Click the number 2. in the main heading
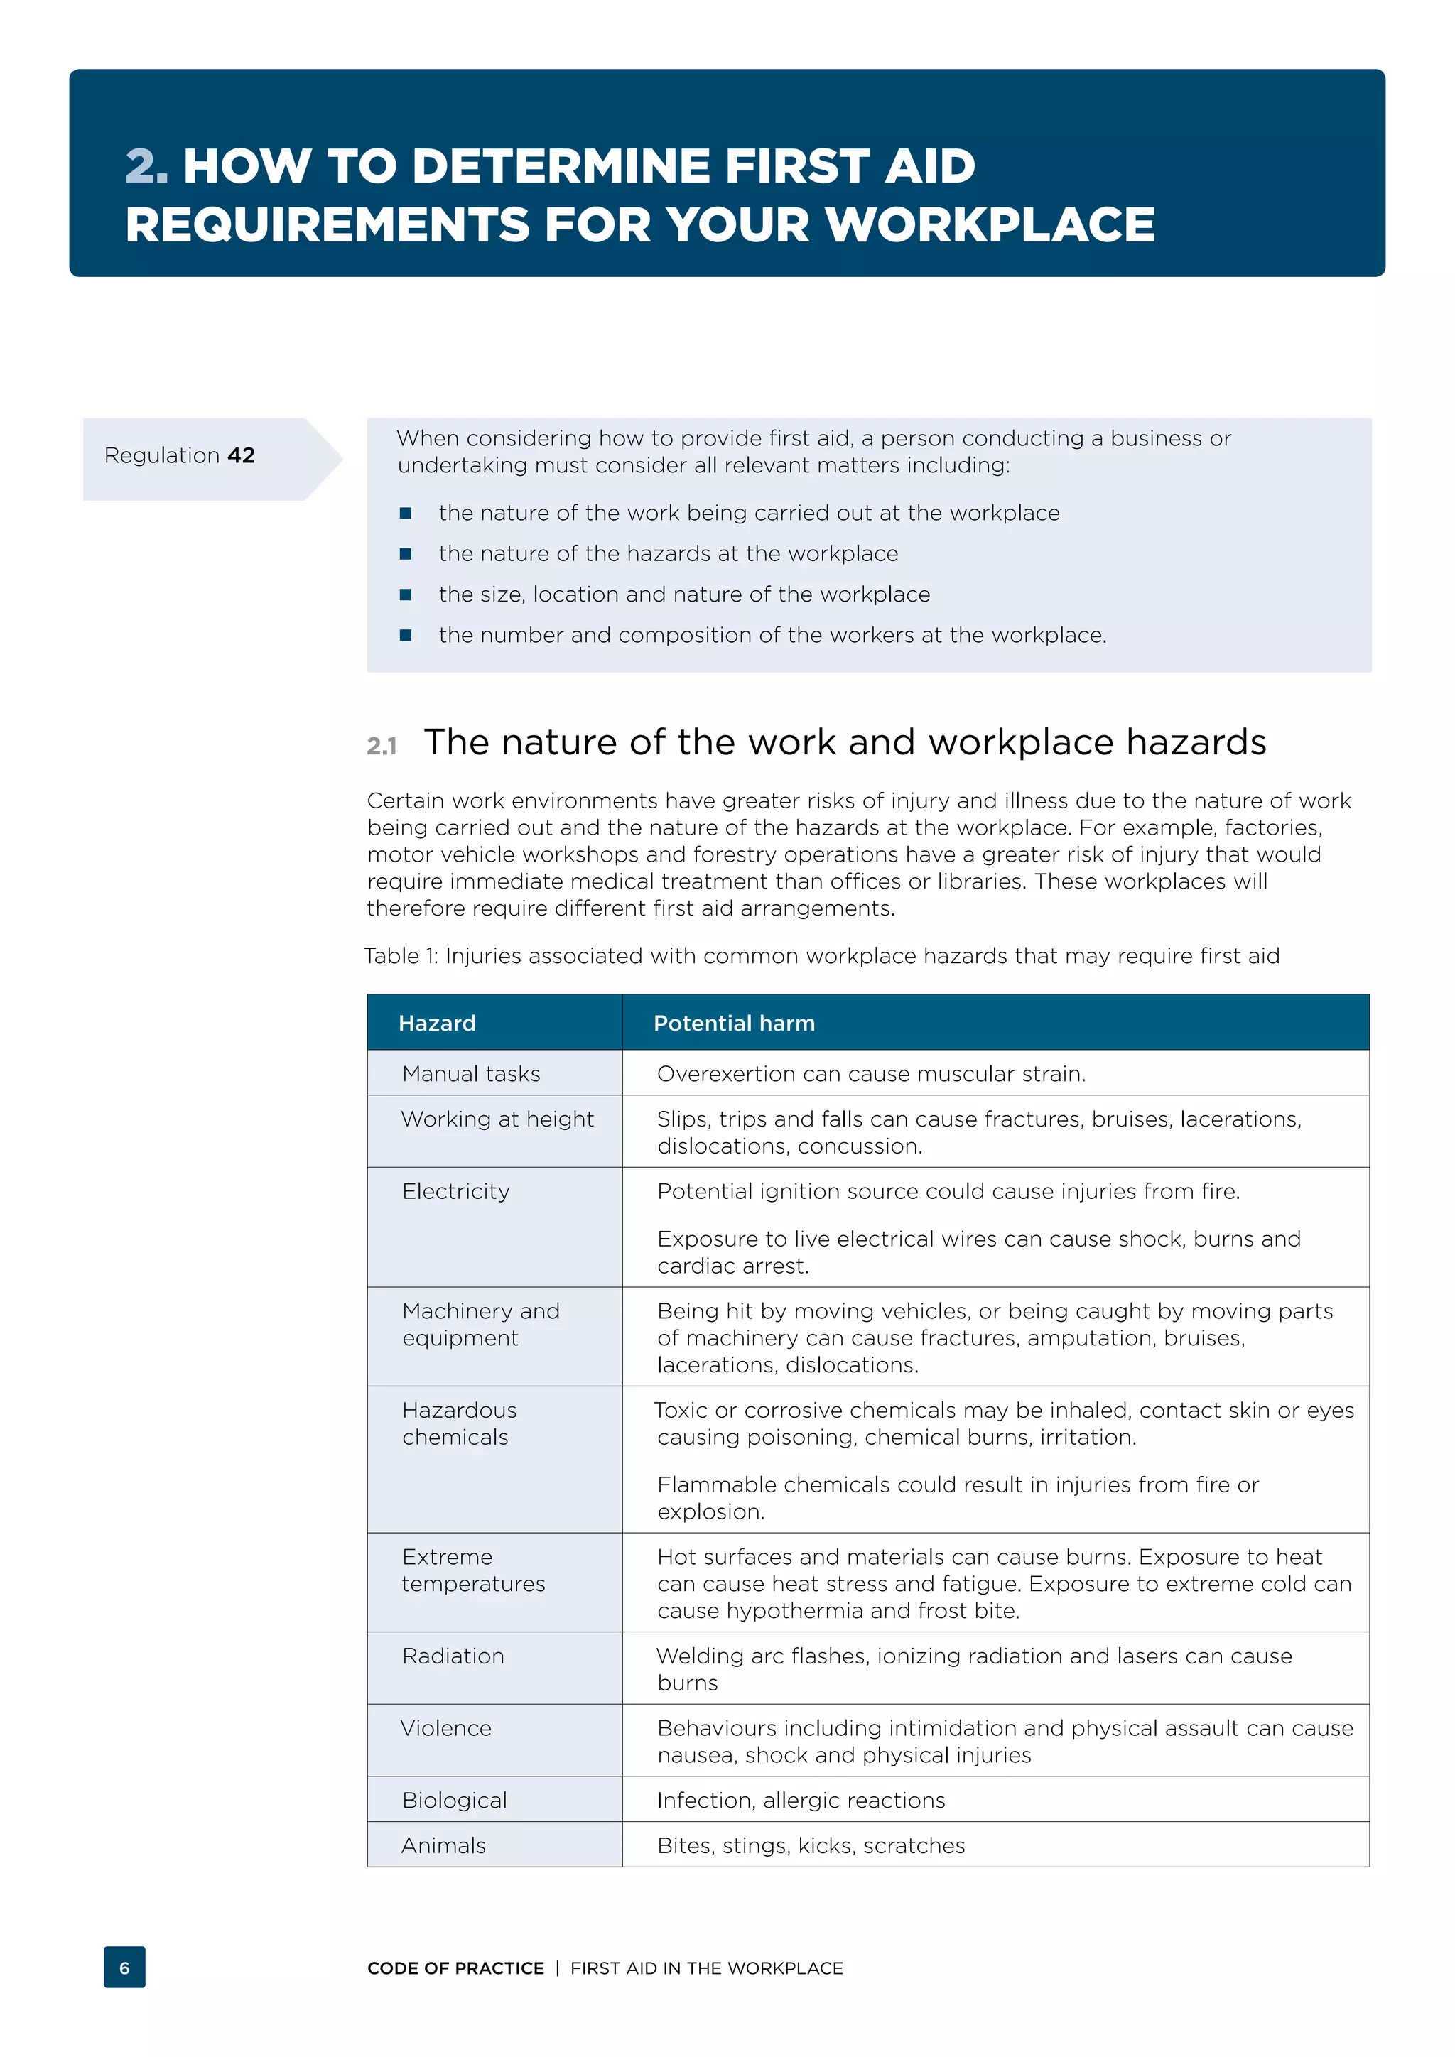146,167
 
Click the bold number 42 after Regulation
241,455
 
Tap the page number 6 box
124,1968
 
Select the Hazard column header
437,1023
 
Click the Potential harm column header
734,1023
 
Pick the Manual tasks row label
471,1073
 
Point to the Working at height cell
497,1119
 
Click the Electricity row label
456,1192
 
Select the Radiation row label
453,1656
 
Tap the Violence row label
446,1728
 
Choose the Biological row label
454,1801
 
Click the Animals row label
443,1845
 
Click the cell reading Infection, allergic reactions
801,1801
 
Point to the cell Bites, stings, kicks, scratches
811,1845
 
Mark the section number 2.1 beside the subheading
382,745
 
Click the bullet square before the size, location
406,595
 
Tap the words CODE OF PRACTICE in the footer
455,1968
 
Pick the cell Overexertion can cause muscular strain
871,1073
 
